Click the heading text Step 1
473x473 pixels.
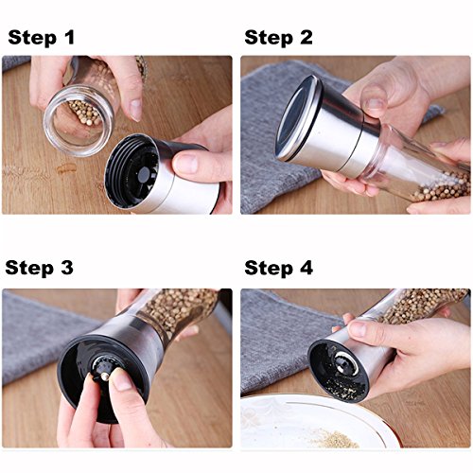tap(42, 38)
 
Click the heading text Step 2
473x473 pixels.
tap(278, 38)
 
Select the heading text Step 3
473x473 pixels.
tap(40, 269)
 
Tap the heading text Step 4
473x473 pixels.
tap(278, 269)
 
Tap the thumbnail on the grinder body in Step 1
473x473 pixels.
tap(186, 163)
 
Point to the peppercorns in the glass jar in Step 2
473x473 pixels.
tap(442, 187)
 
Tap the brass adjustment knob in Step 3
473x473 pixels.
tap(104, 377)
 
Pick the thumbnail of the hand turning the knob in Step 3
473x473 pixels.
tap(121, 381)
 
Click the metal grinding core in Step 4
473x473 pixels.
tap(346, 362)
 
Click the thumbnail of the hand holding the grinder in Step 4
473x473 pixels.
tap(359, 328)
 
